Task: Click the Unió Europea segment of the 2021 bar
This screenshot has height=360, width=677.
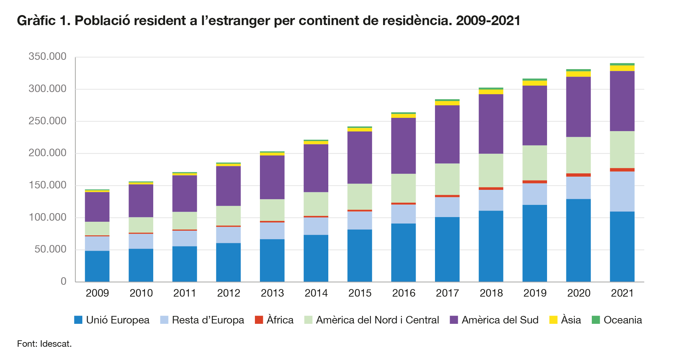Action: pyautogui.click(x=622, y=246)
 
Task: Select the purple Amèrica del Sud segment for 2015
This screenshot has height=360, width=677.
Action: pyautogui.click(x=359, y=158)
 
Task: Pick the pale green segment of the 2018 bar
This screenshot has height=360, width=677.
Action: pyautogui.click(x=491, y=171)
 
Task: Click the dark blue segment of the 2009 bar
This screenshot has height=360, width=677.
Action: pyautogui.click(x=97, y=266)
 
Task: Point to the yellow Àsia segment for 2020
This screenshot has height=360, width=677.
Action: pyautogui.click(x=578, y=74)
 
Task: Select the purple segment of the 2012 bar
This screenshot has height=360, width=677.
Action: pyautogui.click(x=228, y=186)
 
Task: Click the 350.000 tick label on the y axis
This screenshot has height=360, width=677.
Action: pyautogui.click(x=47, y=57)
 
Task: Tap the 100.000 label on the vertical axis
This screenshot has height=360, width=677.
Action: pyautogui.click(x=47, y=217)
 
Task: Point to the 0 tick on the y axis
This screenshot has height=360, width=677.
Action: pyautogui.click(x=63, y=282)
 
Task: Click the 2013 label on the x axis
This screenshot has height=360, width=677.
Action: pyautogui.click(x=272, y=293)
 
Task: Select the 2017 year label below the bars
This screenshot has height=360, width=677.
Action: pyautogui.click(x=447, y=293)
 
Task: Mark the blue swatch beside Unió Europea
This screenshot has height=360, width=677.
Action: pyautogui.click(x=78, y=320)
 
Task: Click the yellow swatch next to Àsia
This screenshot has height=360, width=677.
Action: pyautogui.click(x=553, y=320)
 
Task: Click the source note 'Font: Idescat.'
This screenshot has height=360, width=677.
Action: pyautogui.click(x=44, y=344)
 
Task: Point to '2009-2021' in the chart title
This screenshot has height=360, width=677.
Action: pyautogui.click(x=488, y=21)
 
